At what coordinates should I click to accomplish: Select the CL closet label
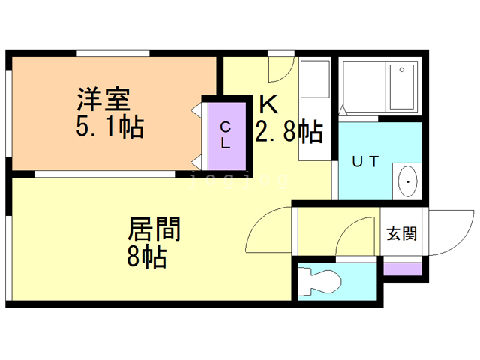pos(226,136)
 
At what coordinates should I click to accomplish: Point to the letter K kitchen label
pos(268,103)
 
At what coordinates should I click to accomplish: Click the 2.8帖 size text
pos(289,132)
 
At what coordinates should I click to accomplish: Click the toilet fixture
pos(320,283)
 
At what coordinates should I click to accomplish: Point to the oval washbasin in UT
pos(407,180)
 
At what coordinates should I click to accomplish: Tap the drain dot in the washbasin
pos(408,181)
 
